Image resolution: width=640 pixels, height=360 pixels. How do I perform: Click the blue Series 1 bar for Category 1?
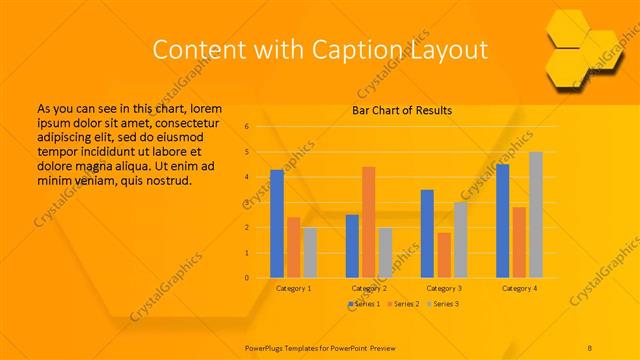tap(277, 223)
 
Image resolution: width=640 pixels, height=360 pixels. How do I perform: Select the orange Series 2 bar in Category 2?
tap(369, 222)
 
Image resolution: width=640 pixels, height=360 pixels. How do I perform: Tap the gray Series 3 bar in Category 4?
tap(536, 215)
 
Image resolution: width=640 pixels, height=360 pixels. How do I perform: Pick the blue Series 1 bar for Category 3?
tap(428, 233)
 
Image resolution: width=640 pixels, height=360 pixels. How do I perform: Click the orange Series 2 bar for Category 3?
tap(444, 255)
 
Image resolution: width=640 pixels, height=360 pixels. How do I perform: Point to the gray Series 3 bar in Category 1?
tap(310, 252)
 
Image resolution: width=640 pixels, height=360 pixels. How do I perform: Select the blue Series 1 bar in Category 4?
tap(503, 220)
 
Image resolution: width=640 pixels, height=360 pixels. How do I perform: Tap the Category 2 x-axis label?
tap(369, 288)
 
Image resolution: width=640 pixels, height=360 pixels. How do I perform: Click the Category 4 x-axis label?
tap(519, 288)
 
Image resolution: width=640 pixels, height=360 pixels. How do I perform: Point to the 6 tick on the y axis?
tap(247, 127)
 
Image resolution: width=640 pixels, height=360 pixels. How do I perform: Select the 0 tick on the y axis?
tap(247, 278)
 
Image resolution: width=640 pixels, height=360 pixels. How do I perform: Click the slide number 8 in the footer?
tap(590, 345)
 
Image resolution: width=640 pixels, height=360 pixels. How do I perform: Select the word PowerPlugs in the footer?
tap(269, 345)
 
